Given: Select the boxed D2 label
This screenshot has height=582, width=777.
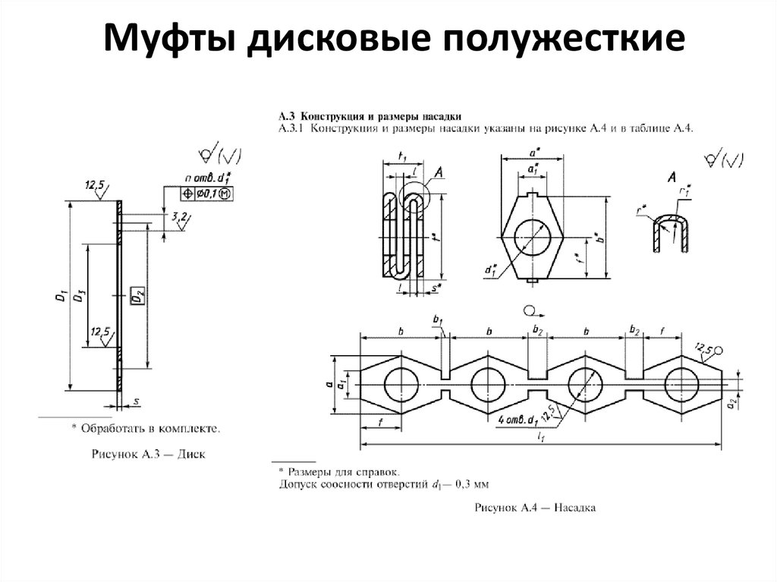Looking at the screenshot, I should point(137,296).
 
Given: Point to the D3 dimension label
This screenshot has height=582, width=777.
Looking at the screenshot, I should point(80,297).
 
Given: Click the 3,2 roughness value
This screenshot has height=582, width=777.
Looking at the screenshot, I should point(180,217).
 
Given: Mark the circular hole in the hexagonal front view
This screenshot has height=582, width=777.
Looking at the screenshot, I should point(533,237).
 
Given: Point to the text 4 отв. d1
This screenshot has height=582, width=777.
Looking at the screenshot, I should point(517,420).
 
